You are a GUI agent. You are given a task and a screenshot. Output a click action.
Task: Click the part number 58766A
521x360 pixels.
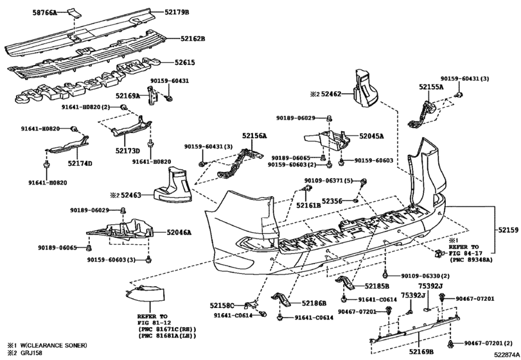[45, 13]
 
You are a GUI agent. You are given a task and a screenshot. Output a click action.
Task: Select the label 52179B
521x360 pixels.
[177, 12]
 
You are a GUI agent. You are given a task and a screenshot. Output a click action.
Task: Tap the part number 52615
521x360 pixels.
[185, 62]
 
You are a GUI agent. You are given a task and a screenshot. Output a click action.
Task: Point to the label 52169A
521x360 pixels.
[128, 96]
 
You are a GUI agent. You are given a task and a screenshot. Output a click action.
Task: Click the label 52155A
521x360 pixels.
[431, 87]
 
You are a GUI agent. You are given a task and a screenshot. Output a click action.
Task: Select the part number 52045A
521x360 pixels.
[371, 136]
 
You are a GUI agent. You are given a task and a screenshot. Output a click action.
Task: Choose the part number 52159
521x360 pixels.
[508, 230]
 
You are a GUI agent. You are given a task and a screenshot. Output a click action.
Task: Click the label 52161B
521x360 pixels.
[308, 206]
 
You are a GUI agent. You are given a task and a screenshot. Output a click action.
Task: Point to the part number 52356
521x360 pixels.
[332, 201]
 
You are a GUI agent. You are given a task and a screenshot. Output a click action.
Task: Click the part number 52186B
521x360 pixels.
[314, 303]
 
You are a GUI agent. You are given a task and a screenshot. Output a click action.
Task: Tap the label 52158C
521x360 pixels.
[222, 305]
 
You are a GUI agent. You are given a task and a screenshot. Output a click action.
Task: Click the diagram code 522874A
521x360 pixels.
[506, 355]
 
